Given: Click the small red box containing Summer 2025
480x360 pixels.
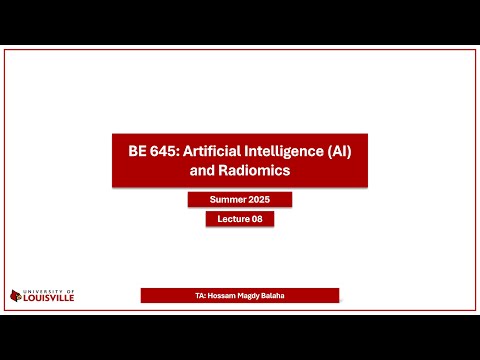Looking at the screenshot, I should tap(240, 200).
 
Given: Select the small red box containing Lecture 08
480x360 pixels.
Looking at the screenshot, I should tap(240, 220).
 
